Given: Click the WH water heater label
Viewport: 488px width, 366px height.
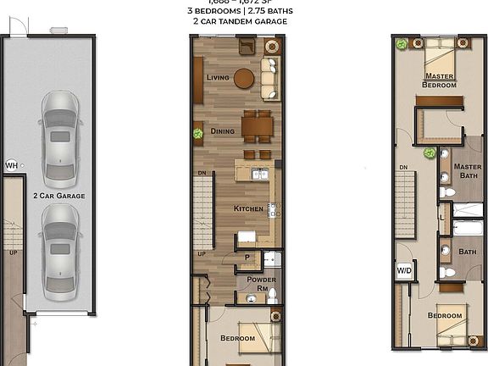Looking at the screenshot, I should click(x=11, y=165).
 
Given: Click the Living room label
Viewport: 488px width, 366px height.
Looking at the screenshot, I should click(x=218, y=77).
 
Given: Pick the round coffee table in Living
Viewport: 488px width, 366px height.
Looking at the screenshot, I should click(x=245, y=79).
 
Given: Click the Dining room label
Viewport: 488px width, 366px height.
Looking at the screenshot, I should click(x=222, y=131).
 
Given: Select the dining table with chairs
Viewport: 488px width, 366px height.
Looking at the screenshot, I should click(x=258, y=128).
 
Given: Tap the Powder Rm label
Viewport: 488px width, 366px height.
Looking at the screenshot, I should click(x=258, y=284).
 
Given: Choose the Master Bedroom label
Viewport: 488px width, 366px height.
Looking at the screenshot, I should click(x=440, y=80).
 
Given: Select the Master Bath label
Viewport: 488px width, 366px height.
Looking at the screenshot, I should click(x=467, y=171).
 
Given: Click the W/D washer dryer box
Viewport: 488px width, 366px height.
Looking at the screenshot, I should click(x=404, y=271).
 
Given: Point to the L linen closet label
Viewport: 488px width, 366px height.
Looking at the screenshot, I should click(x=442, y=218).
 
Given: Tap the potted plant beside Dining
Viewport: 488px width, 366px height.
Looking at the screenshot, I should click(x=197, y=133).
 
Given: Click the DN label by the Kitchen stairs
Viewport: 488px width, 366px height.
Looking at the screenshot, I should click(x=202, y=173).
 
